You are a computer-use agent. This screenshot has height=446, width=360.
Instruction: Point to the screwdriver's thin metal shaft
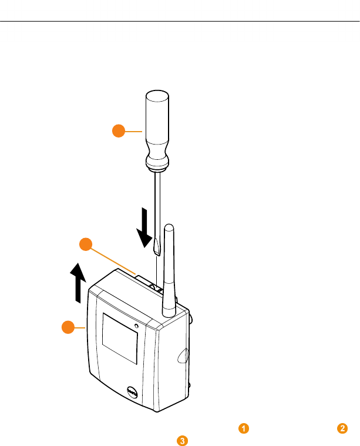click(157, 206)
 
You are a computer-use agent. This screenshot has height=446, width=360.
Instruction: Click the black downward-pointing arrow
click(144, 229)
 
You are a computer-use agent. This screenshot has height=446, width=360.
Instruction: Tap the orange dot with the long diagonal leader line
click(86, 244)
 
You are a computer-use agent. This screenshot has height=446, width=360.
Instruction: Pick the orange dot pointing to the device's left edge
click(69, 327)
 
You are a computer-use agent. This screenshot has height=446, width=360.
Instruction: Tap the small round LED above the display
click(137, 326)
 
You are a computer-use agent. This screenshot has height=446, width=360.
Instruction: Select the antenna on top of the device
click(169, 270)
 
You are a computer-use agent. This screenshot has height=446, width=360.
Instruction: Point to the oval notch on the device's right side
click(183, 355)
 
